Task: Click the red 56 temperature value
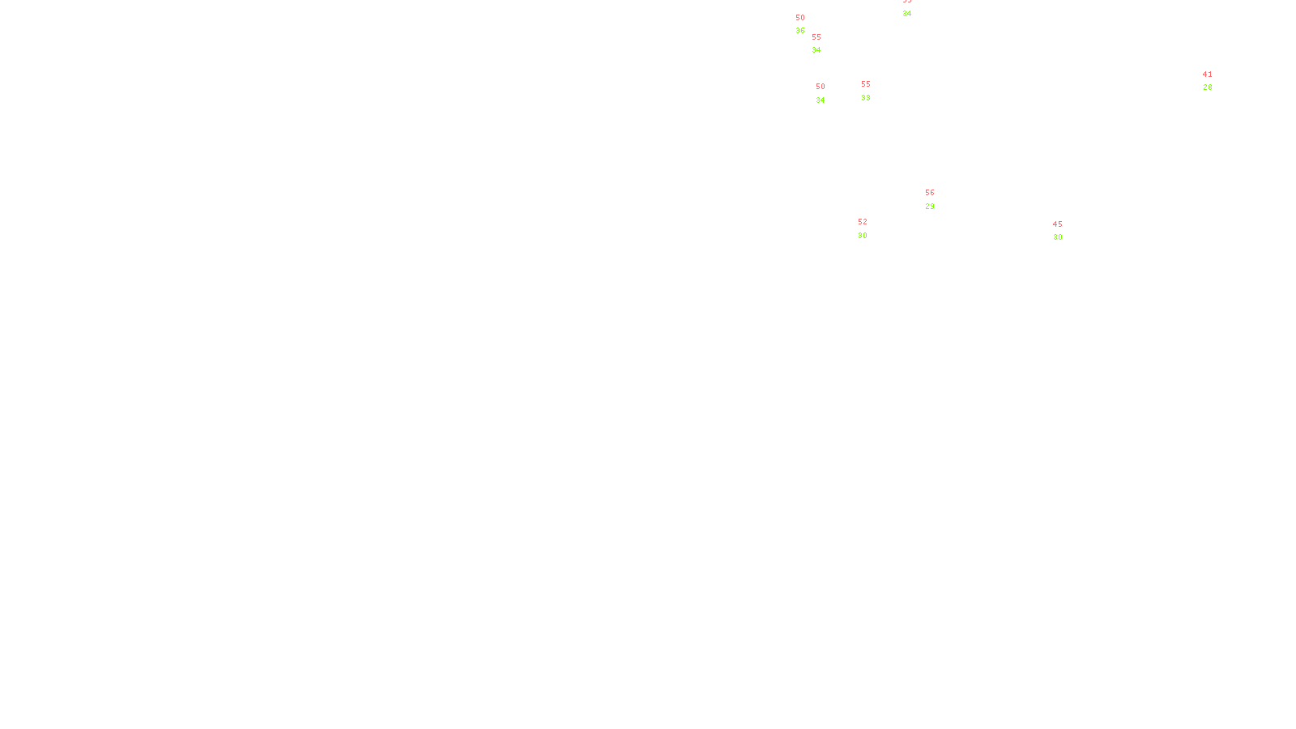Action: pyautogui.click(x=930, y=193)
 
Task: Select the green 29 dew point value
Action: pyautogui.click(x=930, y=207)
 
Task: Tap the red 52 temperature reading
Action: pyautogui.click(x=863, y=222)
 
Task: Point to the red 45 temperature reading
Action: pyautogui.click(x=1057, y=224)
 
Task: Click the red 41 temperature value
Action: pyautogui.click(x=1208, y=75)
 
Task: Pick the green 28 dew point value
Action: pyautogui.click(x=1208, y=87)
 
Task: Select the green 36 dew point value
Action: pyautogui.click(x=800, y=31)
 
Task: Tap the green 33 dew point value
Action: pyautogui.click(x=866, y=98)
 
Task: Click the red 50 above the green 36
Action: pyautogui.click(x=800, y=18)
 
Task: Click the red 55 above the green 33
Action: pyautogui.click(x=866, y=84)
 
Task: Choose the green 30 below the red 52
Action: pyautogui.click(x=863, y=236)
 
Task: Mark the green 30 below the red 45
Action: pyautogui.click(x=1057, y=237)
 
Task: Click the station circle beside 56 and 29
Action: pyautogui.click(x=937, y=199)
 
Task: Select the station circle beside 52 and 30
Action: pyautogui.click(x=870, y=228)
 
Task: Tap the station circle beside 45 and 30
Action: pyautogui.click(x=1065, y=231)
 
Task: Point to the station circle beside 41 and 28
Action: pyautogui.click(x=1215, y=81)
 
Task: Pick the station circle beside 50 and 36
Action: pyautogui.click(x=808, y=24)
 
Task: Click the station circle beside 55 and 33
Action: pyautogui.click(x=874, y=91)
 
